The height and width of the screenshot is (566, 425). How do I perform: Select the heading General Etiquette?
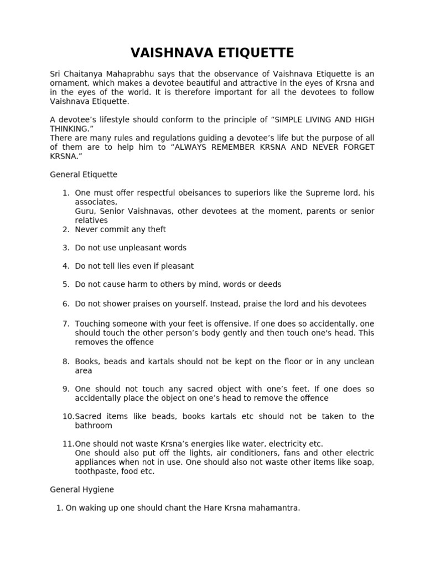(84, 175)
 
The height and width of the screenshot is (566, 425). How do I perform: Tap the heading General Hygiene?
(82, 490)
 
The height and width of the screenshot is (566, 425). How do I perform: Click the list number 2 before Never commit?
(65, 229)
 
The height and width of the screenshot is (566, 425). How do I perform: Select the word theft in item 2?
(156, 229)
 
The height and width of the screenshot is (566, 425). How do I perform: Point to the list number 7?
(65, 323)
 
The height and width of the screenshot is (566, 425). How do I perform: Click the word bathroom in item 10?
(94, 426)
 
